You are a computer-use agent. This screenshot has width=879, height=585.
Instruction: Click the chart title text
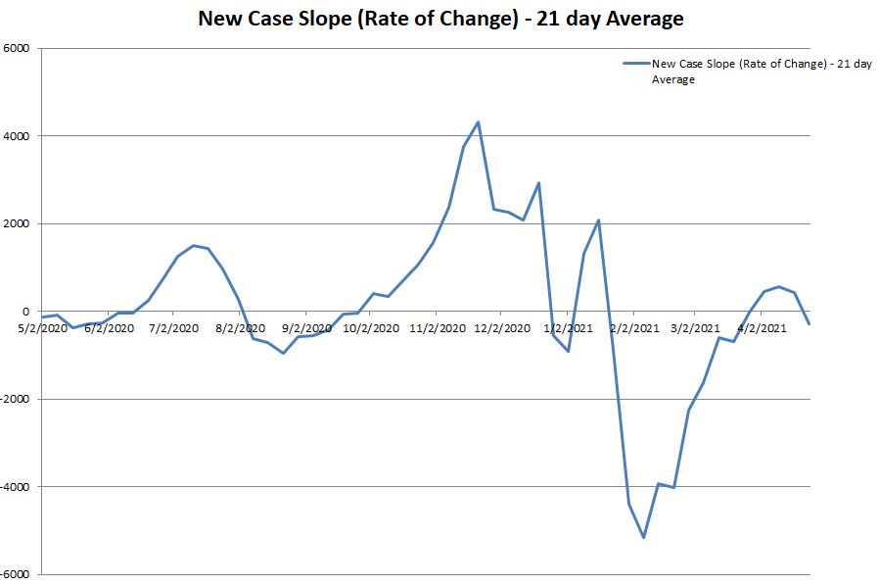pos(439,19)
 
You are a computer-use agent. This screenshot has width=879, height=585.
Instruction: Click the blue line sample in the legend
pos(636,65)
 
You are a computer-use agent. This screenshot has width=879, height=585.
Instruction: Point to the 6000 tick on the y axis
pos(17,48)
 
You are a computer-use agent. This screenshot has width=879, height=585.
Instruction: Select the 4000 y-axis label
pos(17,136)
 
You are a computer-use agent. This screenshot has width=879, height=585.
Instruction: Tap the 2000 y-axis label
pos(17,223)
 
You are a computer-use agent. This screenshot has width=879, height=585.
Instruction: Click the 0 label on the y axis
pos(26,312)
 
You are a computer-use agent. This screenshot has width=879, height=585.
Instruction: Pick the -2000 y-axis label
pos(16,399)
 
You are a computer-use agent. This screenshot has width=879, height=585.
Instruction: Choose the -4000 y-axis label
pos(16,487)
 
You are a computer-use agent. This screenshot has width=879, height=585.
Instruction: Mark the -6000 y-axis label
pos(16,574)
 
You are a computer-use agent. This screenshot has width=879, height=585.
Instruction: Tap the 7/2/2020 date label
pos(173,328)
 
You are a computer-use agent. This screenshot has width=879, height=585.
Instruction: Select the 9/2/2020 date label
pos(306,328)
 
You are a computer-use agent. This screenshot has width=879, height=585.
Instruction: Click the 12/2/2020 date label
pos(503,328)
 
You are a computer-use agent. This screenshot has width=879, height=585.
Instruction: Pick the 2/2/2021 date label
pos(634,328)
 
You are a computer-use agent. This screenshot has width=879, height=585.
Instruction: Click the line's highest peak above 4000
pos(478,122)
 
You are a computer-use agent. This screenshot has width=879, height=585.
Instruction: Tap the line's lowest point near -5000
pos(643,537)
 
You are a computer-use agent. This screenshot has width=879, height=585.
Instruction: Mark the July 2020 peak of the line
pos(193,245)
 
